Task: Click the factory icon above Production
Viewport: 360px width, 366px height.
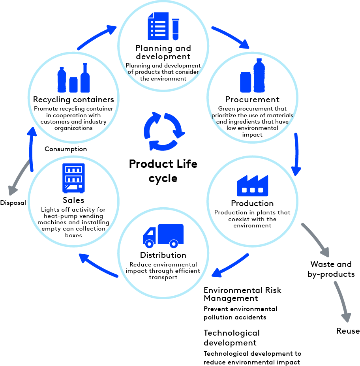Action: (252, 186)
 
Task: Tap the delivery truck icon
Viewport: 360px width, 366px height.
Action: (163, 236)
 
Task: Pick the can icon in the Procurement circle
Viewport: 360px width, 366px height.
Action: (246, 82)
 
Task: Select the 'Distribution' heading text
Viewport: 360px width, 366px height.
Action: (163, 255)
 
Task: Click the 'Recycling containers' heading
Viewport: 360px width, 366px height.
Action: (73, 99)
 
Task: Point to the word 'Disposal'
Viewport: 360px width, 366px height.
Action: (13, 203)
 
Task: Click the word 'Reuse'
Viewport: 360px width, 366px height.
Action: (348, 331)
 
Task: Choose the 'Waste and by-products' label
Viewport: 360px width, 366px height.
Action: (331, 269)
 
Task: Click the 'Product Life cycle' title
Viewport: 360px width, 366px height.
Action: (163, 171)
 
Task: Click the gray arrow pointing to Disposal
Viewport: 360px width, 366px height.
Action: (20, 177)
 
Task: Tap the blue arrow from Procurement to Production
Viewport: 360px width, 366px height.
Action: (296, 154)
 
